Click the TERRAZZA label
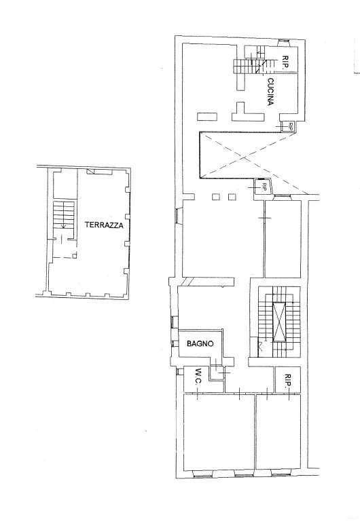click(104, 225)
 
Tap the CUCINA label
click(270, 92)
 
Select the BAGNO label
click(200, 344)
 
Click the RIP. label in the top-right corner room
click(285, 62)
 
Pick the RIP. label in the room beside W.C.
click(288, 380)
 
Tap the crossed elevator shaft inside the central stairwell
click(279, 322)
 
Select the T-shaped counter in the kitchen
click(248, 112)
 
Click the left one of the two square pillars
click(215, 197)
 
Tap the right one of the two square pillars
click(232, 197)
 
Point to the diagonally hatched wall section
click(187, 282)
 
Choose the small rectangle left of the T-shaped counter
click(206, 117)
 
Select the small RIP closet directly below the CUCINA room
click(289, 126)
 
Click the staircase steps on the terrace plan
click(64, 214)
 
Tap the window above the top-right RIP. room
click(283, 42)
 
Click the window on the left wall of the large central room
click(179, 215)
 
